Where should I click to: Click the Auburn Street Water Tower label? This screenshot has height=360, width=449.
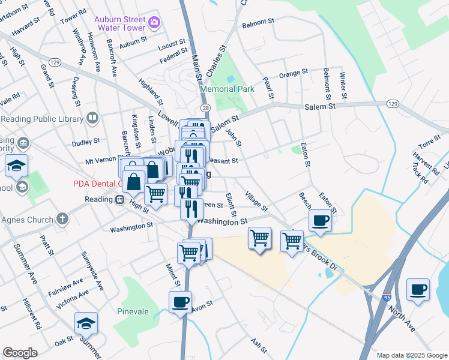click(x=119, y=23)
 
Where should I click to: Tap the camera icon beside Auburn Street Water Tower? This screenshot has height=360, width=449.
click(x=155, y=23)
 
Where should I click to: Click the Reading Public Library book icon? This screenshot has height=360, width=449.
click(x=92, y=118)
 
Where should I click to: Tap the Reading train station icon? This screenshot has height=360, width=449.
click(x=119, y=199)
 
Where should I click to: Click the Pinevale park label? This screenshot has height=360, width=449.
click(x=133, y=312)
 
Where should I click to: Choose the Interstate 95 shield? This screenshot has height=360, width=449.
click(x=387, y=297)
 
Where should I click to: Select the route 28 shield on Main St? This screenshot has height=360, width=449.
click(x=206, y=107)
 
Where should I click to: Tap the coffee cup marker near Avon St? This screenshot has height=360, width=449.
click(x=179, y=301)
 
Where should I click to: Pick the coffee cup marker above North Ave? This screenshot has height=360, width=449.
click(x=418, y=289)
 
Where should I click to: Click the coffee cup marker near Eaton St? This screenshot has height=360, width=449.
click(x=320, y=220)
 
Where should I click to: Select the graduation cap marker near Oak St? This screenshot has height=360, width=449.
click(x=86, y=323)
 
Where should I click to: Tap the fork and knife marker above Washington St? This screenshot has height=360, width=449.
click(x=191, y=209)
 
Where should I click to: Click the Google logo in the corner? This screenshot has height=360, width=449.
click(x=20, y=353)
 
